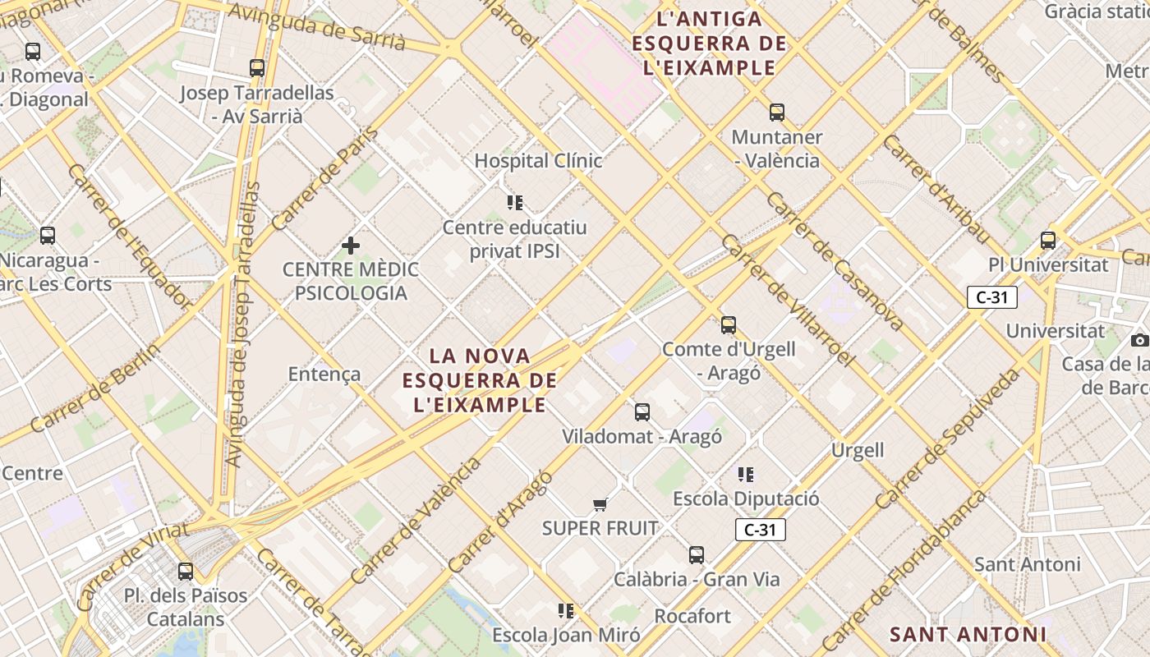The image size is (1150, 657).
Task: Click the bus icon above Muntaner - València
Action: [777, 113]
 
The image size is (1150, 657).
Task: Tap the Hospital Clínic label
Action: [538, 161]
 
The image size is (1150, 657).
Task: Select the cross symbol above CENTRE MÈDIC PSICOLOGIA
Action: [351, 245]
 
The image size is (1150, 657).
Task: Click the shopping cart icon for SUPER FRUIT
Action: [600, 504]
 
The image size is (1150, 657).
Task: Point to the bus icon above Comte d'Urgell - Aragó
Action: [729, 324]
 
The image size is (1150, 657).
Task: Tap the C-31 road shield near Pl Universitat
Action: [992, 297]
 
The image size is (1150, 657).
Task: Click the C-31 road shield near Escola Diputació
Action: [760, 530]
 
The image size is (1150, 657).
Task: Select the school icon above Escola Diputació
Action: [746, 474]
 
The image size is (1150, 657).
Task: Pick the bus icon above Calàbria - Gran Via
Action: [697, 555]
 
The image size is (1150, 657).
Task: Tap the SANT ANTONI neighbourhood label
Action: [968, 634]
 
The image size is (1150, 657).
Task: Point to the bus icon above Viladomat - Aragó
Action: [642, 411]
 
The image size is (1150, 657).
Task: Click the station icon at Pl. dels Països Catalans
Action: [186, 571]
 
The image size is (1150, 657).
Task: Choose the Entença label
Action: [324, 374]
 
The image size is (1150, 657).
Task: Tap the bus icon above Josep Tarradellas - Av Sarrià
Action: [257, 68]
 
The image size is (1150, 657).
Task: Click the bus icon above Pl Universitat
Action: [1048, 241]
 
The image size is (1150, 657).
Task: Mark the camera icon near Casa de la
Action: [1139, 340]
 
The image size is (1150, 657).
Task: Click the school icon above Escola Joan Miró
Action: [566, 610]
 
